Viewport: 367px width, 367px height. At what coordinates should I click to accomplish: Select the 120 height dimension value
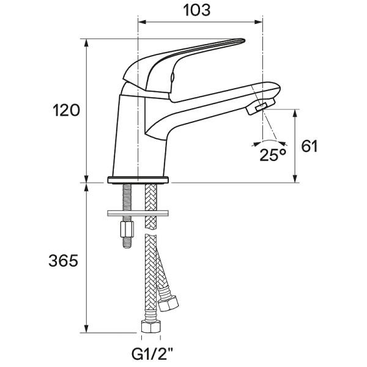click(x=66, y=111)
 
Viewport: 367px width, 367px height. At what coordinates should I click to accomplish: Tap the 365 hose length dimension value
click(x=64, y=261)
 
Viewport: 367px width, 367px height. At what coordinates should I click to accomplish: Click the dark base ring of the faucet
click(x=139, y=180)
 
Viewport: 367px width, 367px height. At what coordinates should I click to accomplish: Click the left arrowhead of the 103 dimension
click(x=143, y=21)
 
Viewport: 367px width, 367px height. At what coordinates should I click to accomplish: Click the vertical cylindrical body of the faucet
click(x=139, y=135)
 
